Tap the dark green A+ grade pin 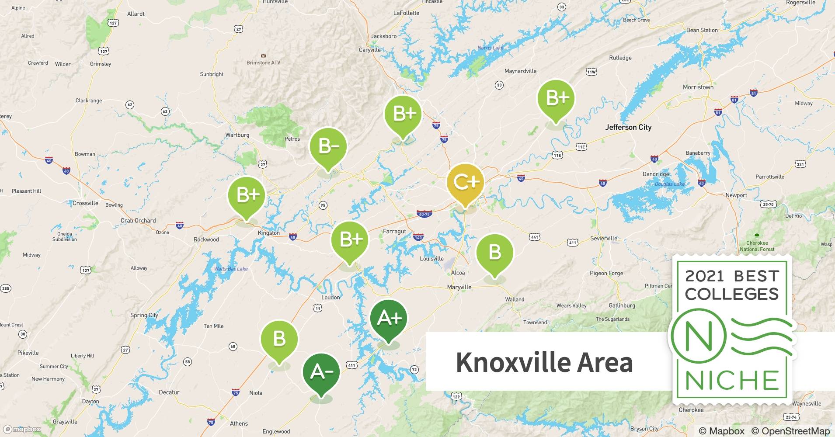click(389, 319)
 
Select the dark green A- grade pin click(321, 372)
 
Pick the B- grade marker click(328, 146)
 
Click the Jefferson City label click(628, 127)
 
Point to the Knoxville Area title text click(544, 362)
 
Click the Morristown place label click(698, 87)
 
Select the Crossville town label click(85, 203)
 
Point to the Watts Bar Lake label click(231, 269)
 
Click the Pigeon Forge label click(606, 273)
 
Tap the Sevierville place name click(604, 238)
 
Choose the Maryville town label click(459, 287)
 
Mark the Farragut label click(394, 231)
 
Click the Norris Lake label click(490, 48)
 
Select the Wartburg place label click(237, 135)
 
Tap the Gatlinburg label click(622, 305)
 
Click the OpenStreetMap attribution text click(790, 430)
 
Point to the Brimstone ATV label click(263, 62)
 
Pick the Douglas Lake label click(669, 184)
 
